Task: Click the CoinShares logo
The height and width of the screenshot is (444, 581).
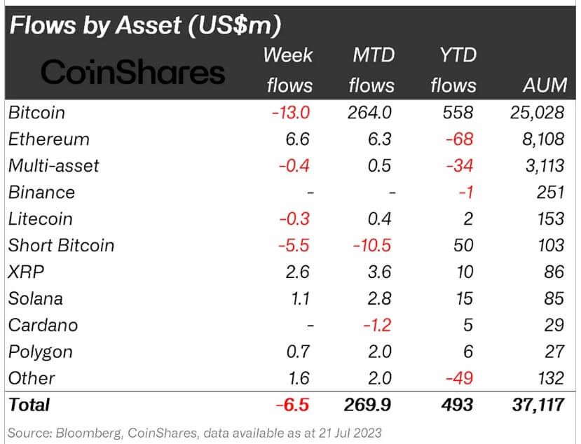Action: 133,71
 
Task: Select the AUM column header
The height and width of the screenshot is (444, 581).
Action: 545,85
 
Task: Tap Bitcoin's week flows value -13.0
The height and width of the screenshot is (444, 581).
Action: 290,113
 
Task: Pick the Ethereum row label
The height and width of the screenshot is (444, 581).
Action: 49,139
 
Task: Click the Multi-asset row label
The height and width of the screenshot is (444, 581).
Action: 54,166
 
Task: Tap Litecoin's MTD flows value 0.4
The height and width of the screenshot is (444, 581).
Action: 378,219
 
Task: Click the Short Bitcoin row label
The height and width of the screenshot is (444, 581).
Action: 61,246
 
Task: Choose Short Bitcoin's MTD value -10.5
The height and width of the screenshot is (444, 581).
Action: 371,246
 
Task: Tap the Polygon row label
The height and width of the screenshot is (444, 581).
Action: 41,352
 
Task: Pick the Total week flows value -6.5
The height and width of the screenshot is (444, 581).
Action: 293,405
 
